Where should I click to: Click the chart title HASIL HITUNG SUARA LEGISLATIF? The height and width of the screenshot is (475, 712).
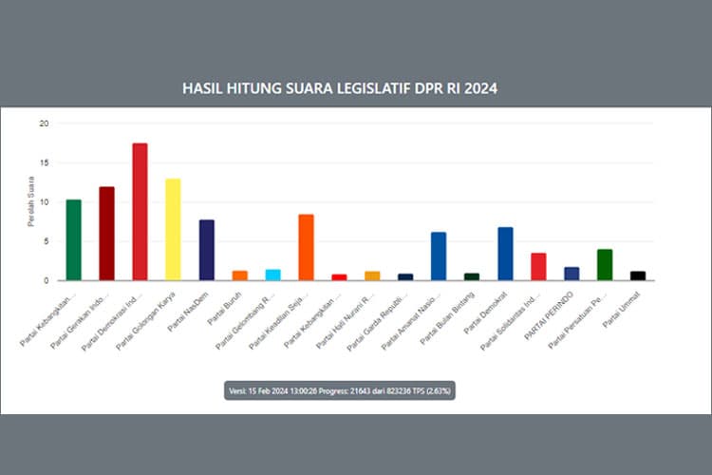pos(339,87)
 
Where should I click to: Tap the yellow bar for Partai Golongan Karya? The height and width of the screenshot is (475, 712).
pos(173,229)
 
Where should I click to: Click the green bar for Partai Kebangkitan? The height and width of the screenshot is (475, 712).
pos(73,240)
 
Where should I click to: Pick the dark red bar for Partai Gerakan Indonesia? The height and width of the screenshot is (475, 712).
pos(106,234)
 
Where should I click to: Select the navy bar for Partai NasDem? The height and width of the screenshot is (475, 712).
pos(206,250)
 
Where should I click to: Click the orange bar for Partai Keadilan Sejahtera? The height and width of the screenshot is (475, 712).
pos(306,247)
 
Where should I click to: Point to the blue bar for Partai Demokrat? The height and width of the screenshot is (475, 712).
pos(505,254)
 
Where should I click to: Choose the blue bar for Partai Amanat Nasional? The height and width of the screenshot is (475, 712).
pos(439,256)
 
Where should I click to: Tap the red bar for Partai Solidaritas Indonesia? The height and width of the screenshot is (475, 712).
pos(538,267)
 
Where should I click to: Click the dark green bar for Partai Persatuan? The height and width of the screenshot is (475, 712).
pos(605,265)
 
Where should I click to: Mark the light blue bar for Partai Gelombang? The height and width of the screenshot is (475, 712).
pos(272,275)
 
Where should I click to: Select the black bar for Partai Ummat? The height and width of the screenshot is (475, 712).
pos(638,275)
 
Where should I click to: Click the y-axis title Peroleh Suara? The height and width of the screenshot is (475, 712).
pos(30,207)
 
